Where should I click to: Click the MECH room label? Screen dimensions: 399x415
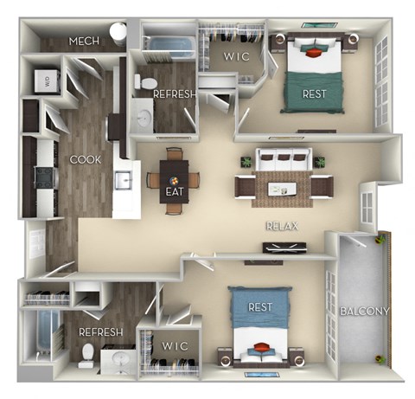pos(84,41)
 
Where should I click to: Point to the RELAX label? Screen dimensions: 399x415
pos(282,226)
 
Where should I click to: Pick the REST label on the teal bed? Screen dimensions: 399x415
pos(314,93)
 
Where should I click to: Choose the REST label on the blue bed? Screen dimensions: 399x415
pos(261,307)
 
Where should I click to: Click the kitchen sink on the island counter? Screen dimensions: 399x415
pos(124,180)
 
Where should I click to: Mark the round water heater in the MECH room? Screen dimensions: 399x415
pos(119,34)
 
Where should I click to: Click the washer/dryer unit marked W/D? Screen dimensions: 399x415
pos(42,81)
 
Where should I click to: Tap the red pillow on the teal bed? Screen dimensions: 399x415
pos(312,51)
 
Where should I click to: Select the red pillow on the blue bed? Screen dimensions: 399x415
pos(262,348)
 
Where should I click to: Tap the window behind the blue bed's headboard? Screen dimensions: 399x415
pos(261,375)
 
